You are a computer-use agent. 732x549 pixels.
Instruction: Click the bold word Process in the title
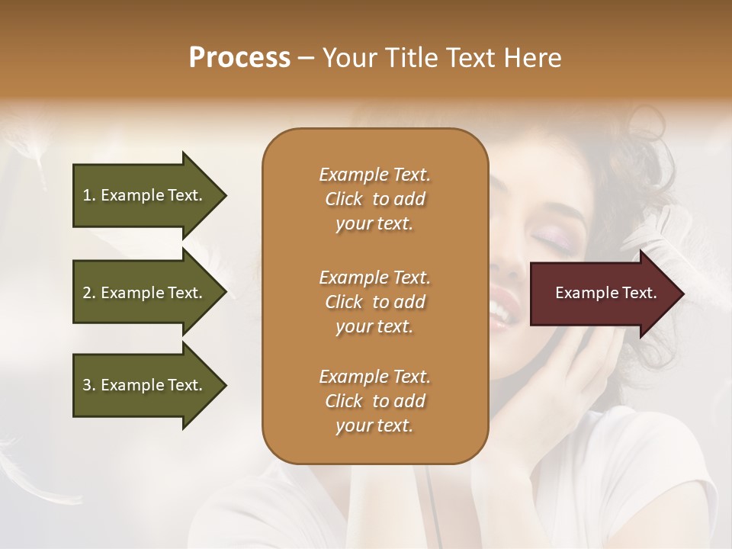point(239,58)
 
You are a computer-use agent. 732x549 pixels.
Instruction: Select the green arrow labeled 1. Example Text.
point(145,195)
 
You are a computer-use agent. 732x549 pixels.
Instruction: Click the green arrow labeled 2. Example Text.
point(145,293)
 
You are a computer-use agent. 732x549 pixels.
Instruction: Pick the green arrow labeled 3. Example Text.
point(145,385)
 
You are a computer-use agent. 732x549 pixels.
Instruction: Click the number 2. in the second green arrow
point(88,293)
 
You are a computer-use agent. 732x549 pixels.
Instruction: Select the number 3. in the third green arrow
point(88,385)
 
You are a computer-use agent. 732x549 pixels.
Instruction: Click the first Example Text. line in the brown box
point(374,175)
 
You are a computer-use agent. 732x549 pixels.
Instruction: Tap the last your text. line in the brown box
point(374,425)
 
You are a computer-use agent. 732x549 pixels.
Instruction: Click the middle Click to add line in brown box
point(374,302)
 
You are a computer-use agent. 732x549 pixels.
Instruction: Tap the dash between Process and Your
point(307,58)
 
